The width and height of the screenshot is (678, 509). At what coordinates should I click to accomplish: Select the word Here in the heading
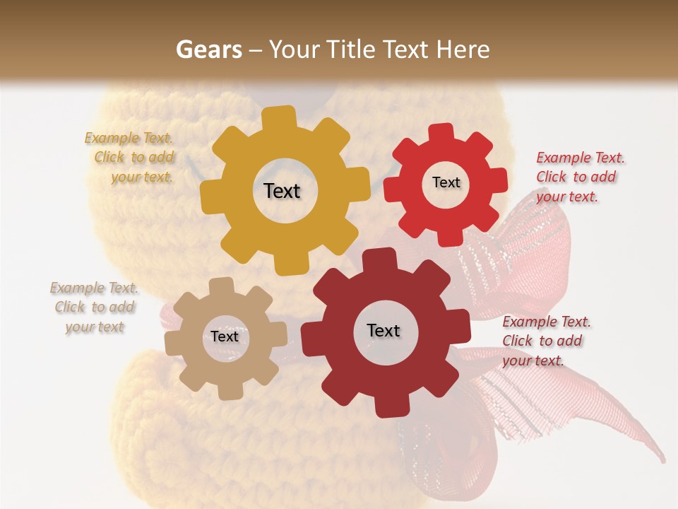click(x=463, y=49)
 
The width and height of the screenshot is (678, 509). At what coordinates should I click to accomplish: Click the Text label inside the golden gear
click(x=282, y=191)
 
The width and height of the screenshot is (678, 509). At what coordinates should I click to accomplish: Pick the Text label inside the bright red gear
click(x=446, y=182)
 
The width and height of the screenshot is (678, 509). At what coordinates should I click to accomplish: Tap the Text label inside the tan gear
click(x=225, y=337)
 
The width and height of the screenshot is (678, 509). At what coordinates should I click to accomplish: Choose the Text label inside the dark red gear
click(x=383, y=330)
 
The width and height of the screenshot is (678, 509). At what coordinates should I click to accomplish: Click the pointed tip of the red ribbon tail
click(x=663, y=458)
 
